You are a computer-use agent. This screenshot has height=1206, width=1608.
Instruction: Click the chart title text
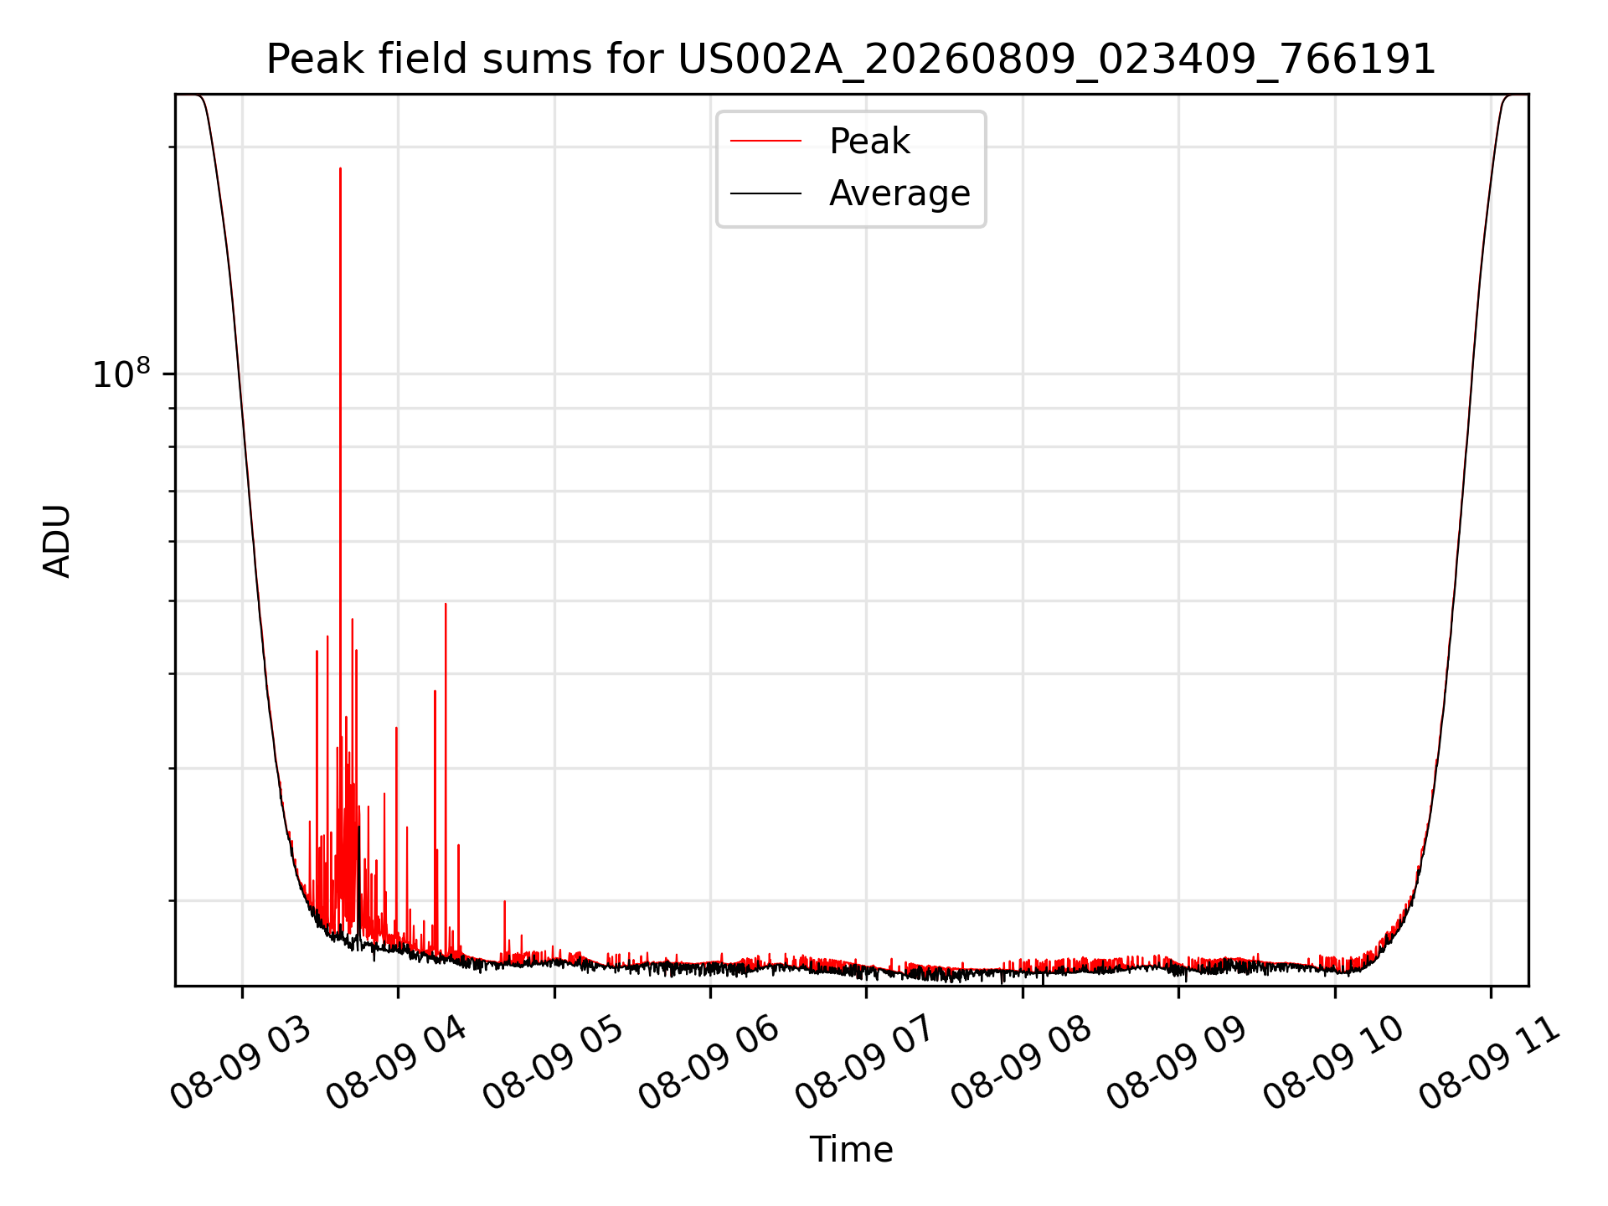tap(851, 59)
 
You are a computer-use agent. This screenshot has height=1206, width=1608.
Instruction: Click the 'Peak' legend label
tap(869, 142)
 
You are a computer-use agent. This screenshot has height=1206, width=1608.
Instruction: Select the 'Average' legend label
tap(899, 193)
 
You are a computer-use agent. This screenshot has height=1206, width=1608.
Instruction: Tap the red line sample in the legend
tap(765, 142)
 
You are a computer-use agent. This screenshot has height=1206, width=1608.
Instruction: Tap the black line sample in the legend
tap(765, 193)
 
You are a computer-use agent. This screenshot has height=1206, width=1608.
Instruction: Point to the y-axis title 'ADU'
tap(57, 540)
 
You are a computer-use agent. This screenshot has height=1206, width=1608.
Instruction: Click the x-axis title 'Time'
tap(851, 1149)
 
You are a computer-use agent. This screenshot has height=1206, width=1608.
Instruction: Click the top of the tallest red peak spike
tap(340, 168)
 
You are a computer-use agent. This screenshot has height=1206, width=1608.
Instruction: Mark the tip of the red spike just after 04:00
tap(446, 604)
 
